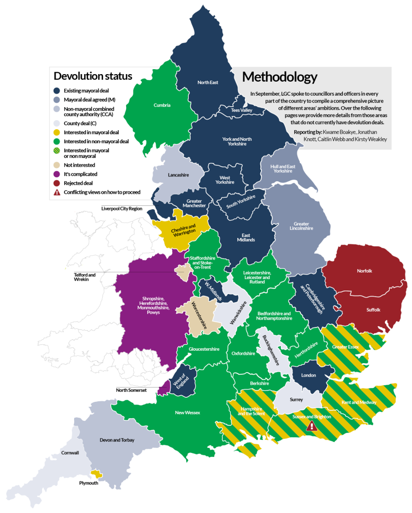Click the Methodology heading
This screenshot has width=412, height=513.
click(279, 77)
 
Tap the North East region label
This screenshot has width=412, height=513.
click(208, 83)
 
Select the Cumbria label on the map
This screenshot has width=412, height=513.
click(162, 105)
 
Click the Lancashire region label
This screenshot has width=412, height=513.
click(177, 175)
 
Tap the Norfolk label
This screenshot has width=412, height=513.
click(364, 271)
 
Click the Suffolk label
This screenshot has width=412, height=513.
click(373, 310)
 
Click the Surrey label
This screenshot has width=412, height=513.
click(297, 400)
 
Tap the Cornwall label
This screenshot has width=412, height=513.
click(70, 453)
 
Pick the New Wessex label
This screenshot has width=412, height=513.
click(187, 413)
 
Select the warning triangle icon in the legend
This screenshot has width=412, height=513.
click(57, 192)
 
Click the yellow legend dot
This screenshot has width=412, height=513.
click(57, 132)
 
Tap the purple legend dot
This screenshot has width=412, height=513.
click(57, 174)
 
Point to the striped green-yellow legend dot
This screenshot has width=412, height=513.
click(57, 150)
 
